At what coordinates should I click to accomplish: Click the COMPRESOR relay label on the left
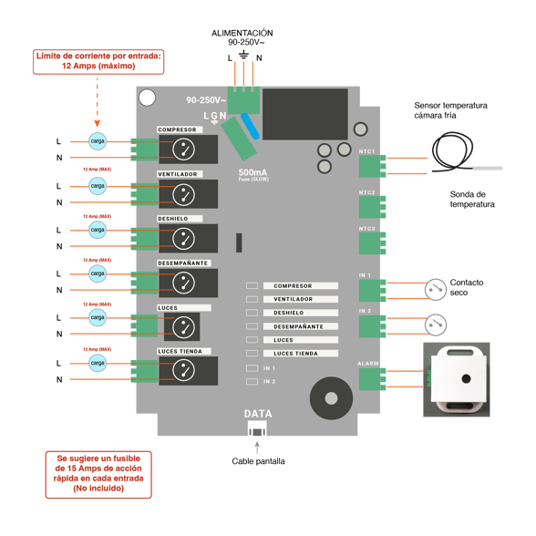pyautogui.click(x=177, y=129)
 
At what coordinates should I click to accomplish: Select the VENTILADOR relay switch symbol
pyautogui.click(x=185, y=194)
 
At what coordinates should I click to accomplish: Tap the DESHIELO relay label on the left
pyautogui.click(x=173, y=219)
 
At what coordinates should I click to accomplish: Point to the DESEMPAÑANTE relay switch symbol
pyautogui.click(x=185, y=283)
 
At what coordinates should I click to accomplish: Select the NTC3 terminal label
pyautogui.click(x=366, y=229)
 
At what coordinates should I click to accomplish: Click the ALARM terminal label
pyautogui.click(x=368, y=363)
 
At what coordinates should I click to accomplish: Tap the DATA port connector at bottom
pyautogui.click(x=258, y=427)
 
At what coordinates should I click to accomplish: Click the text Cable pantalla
pyautogui.click(x=258, y=461)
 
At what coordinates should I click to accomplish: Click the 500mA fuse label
pyautogui.click(x=253, y=172)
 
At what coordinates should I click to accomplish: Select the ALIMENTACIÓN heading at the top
pyautogui.click(x=242, y=33)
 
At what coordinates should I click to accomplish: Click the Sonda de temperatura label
pyautogui.click(x=472, y=199)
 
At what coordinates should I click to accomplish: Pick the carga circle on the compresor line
pyautogui.click(x=97, y=140)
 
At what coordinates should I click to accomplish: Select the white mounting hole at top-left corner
pyautogui.click(x=147, y=98)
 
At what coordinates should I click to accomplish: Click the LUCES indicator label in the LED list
pyautogui.click(x=301, y=340)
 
